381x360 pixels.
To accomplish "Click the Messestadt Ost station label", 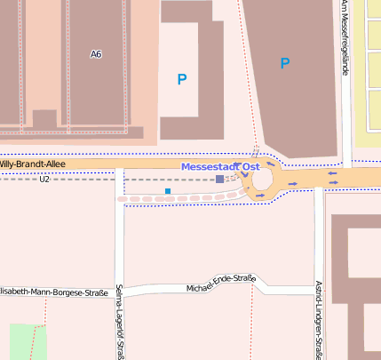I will coord(220,167).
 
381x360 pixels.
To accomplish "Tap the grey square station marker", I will coord(219,180).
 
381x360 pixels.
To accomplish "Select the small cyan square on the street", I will coord(168,191).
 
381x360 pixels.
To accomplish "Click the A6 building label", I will coord(97,55).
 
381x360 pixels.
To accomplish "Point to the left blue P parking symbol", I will coord(182,79).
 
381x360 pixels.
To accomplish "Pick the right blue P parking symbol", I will coord(285,63).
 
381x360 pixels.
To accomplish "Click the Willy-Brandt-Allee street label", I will coord(32,164).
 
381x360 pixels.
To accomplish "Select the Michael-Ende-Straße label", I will coord(221,284).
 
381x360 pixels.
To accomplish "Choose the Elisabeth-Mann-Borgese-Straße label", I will coord(53,292).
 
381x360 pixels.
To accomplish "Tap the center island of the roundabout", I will coord(262,180).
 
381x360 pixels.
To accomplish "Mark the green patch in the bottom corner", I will coord(27,342).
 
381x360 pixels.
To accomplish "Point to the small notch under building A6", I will coord(44,120).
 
